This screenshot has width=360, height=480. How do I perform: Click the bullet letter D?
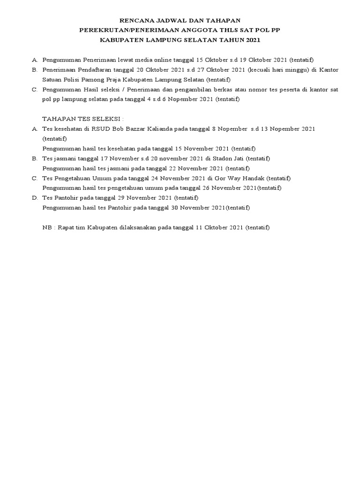[34, 198]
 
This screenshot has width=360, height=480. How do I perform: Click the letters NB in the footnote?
[47, 227]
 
